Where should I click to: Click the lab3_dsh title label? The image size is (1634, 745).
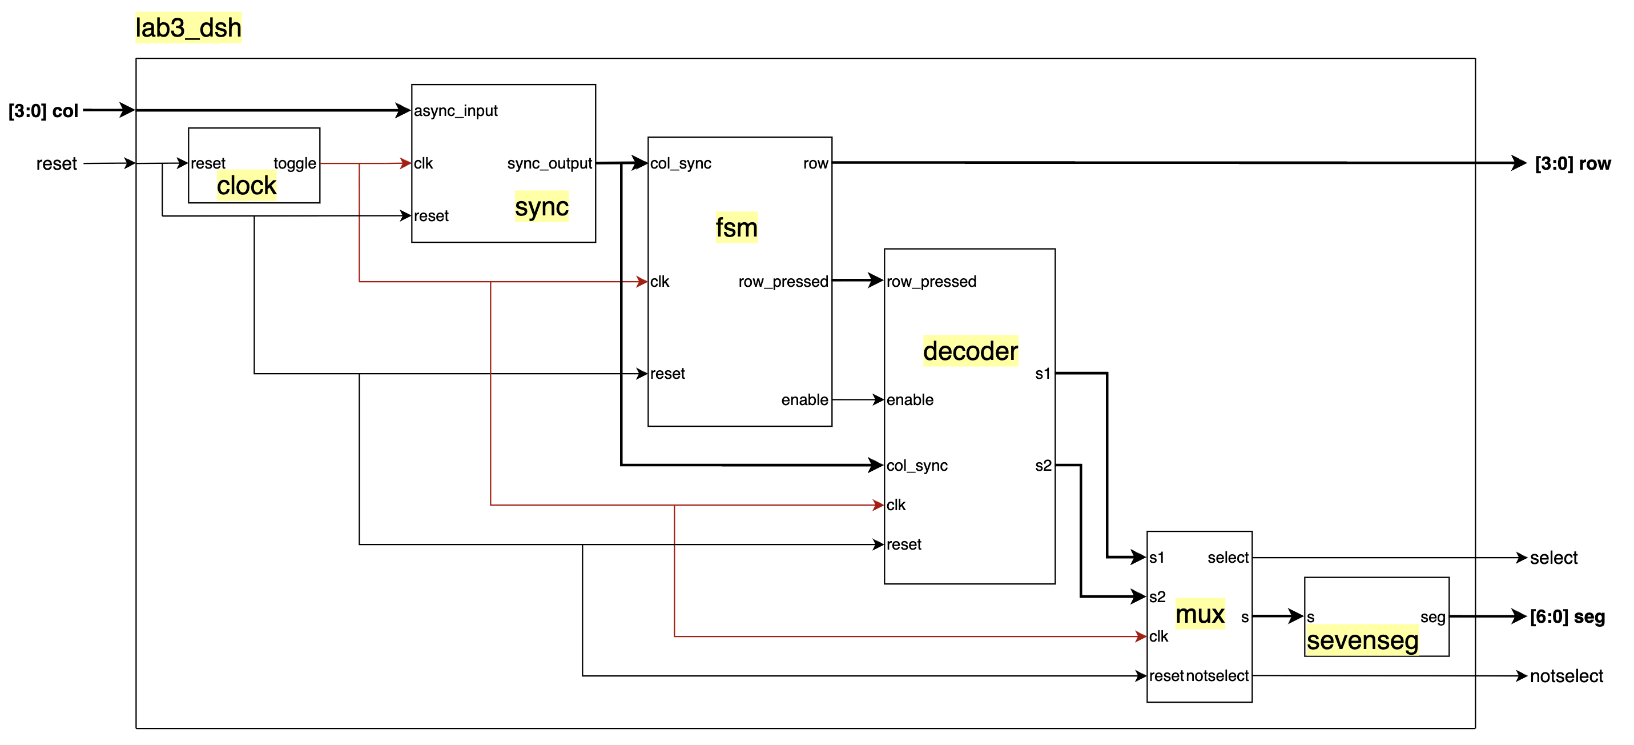[x=188, y=28]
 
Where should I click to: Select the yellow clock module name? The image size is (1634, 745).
[x=246, y=186]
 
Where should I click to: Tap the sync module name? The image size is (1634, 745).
[x=541, y=207]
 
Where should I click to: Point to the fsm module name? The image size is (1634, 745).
[x=736, y=228]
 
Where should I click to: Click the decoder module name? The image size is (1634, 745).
[x=970, y=351]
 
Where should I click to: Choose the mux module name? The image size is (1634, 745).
[x=1200, y=614]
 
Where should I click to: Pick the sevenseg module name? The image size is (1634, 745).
[x=1362, y=640]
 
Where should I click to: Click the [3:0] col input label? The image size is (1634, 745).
[x=43, y=111]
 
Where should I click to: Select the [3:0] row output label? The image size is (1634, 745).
[x=1572, y=164]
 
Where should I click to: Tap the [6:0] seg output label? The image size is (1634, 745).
[x=1567, y=617]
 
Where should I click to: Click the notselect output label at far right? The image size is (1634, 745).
[x=1565, y=676]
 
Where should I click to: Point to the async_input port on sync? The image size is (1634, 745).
[x=456, y=111]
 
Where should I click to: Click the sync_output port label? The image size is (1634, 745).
[x=549, y=164]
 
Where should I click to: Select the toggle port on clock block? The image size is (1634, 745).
[x=295, y=164]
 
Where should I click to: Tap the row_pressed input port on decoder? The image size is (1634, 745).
[x=931, y=282]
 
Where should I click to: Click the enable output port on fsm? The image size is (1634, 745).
[x=804, y=400]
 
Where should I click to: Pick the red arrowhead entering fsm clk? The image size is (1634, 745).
[x=641, y=282]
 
